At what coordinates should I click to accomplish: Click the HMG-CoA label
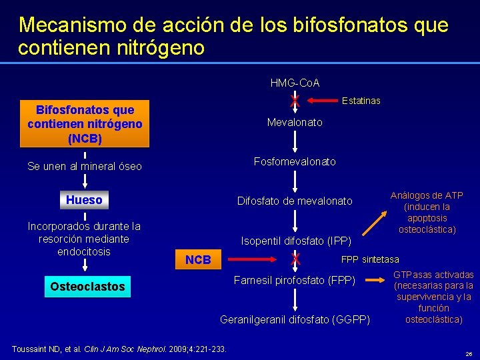295,83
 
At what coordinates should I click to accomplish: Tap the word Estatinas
361,101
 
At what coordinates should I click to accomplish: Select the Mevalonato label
295,123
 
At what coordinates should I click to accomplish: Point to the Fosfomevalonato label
295,162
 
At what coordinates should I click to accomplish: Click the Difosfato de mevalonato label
295,201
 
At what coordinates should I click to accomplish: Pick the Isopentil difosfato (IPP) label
295,240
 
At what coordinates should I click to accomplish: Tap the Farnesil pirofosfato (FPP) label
294,279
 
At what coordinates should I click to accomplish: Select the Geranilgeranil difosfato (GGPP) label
295,319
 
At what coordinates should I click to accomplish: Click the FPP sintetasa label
370,259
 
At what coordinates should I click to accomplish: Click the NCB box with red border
198,260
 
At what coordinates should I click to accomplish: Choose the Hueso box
85,200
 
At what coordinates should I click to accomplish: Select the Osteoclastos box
87,287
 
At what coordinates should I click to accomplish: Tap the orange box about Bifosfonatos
85,124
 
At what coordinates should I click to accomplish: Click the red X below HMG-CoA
295,101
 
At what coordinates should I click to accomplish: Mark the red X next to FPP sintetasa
295,259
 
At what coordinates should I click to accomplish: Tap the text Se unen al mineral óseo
85,167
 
